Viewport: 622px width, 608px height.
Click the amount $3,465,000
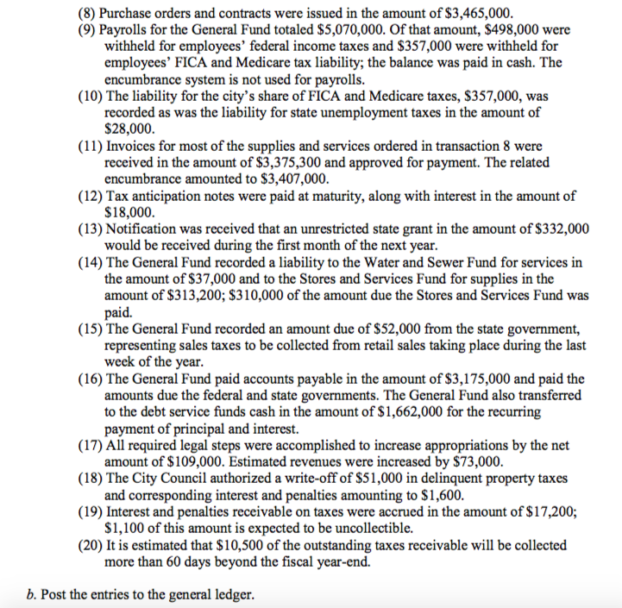click(x=474, y=14)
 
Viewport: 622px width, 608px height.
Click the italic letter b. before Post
click(x=34, y=595)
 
